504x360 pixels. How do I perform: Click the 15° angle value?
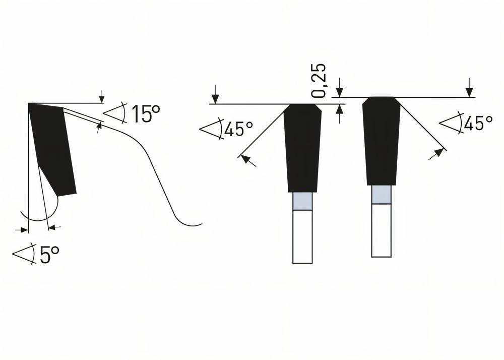click(x=146, y=114)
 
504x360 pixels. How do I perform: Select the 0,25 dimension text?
click(x=319, y=81)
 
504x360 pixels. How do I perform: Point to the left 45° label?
click(x=238, y=129)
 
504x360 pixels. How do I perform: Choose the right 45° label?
click(x=478, y=123)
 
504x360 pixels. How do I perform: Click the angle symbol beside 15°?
click(x=115, y=113)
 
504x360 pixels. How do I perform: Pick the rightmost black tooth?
click(x=382, y=141)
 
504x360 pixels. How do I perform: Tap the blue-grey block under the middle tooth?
click(x=302, y=202)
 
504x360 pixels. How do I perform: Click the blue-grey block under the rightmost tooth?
click(x=382, y=195)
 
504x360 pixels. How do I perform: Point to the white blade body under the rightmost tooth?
click(x=382, y=230)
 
